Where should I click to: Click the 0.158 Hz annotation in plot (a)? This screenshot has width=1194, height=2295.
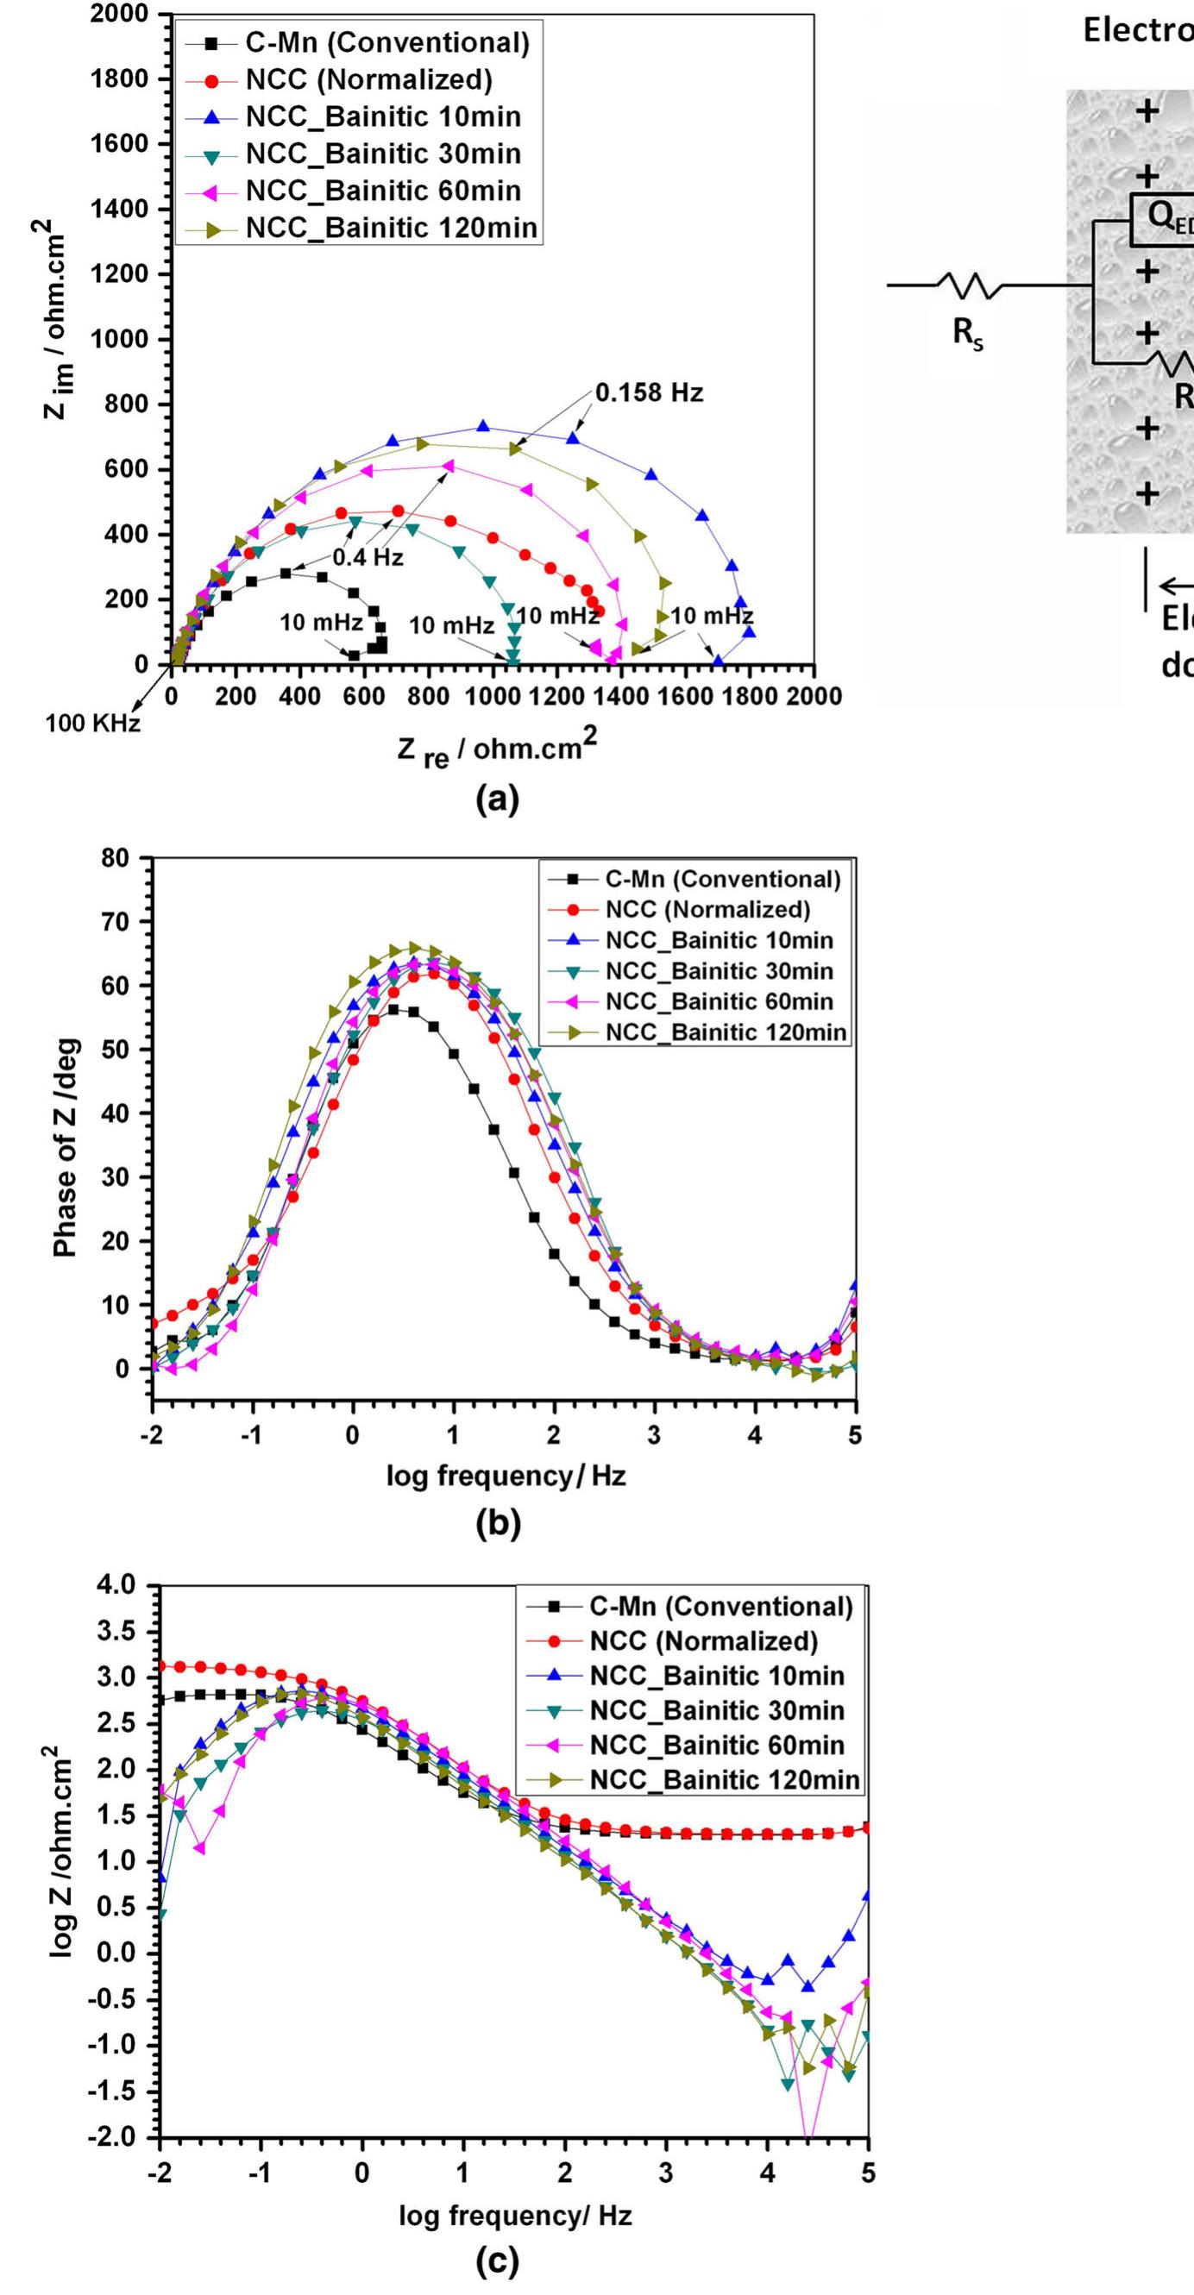649,393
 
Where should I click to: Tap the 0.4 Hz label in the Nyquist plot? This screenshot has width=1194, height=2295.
368,559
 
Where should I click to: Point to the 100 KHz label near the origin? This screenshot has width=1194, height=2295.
92,724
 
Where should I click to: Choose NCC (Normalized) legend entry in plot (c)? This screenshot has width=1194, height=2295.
703,1641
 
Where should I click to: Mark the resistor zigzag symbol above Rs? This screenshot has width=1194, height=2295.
970,286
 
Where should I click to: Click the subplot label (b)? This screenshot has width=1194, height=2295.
497,1527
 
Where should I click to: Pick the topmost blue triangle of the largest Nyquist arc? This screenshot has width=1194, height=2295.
483,427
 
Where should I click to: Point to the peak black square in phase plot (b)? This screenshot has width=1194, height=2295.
393,1009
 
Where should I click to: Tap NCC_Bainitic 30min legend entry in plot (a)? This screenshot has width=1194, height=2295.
382,154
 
